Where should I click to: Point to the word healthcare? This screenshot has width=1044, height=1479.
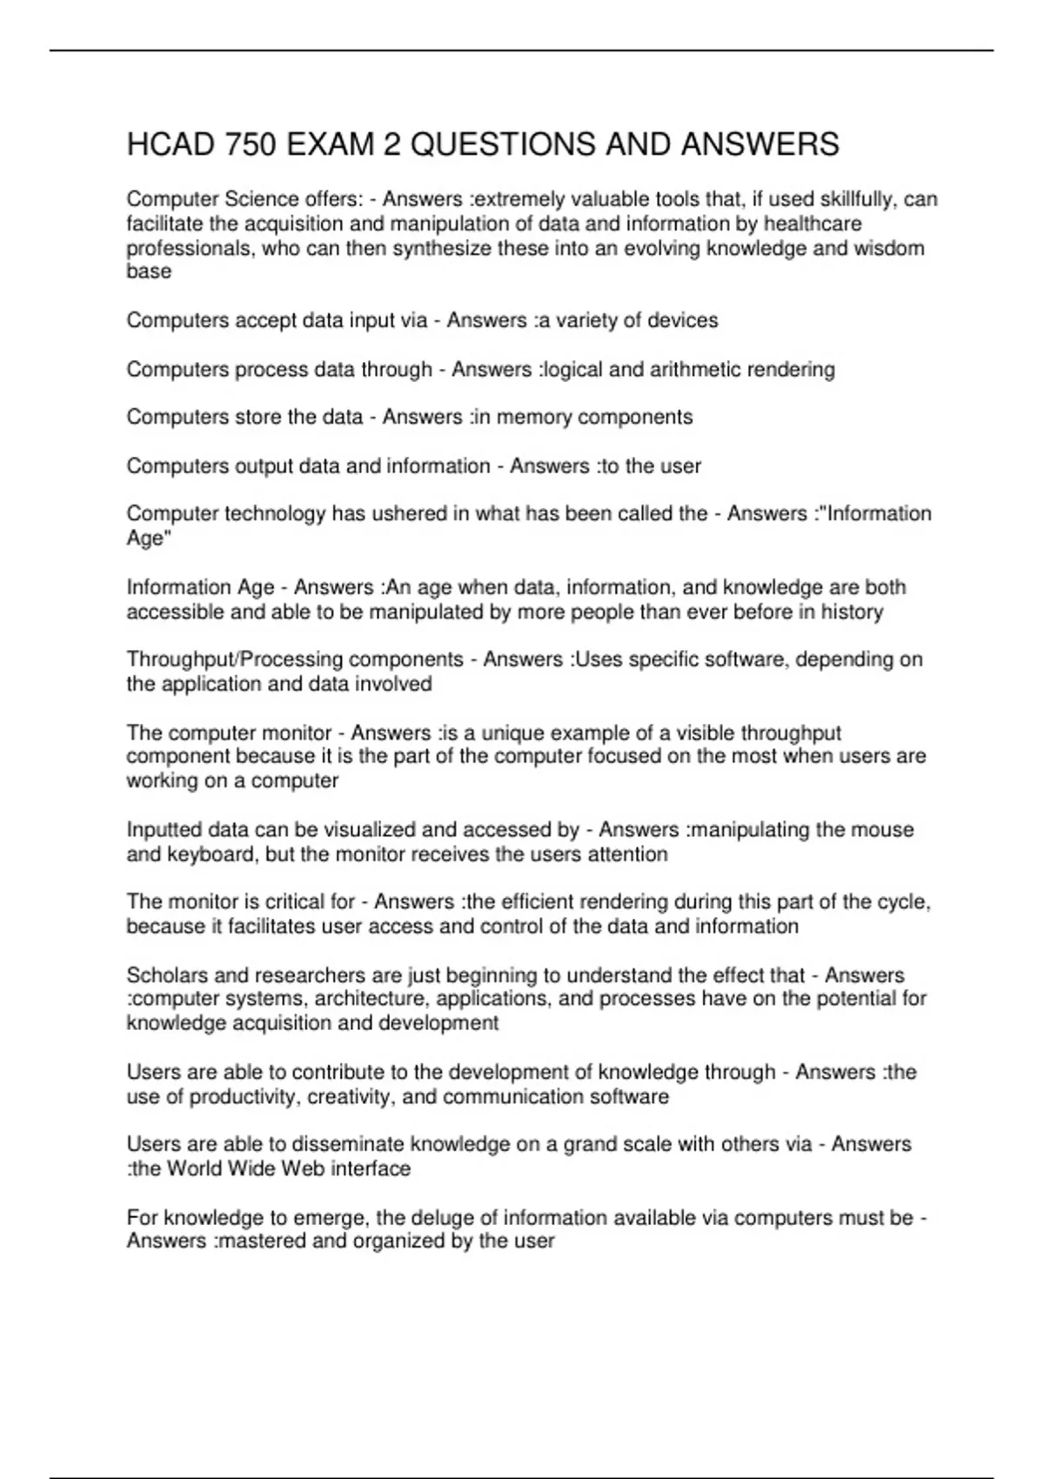pyautogui.click(x=808, y=224)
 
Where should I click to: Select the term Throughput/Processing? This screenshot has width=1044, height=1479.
pyautogui.click(x=295, y=659)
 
